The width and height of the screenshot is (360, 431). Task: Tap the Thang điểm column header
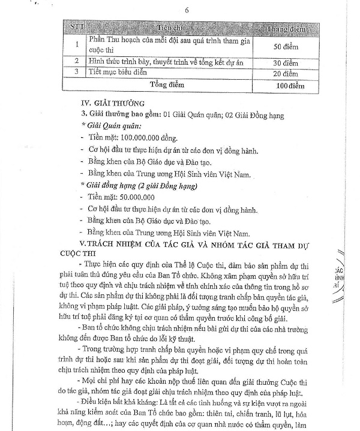[282, 28]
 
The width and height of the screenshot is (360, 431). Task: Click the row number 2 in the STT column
[77, 61]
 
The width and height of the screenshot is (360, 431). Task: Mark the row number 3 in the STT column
[77, 73]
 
